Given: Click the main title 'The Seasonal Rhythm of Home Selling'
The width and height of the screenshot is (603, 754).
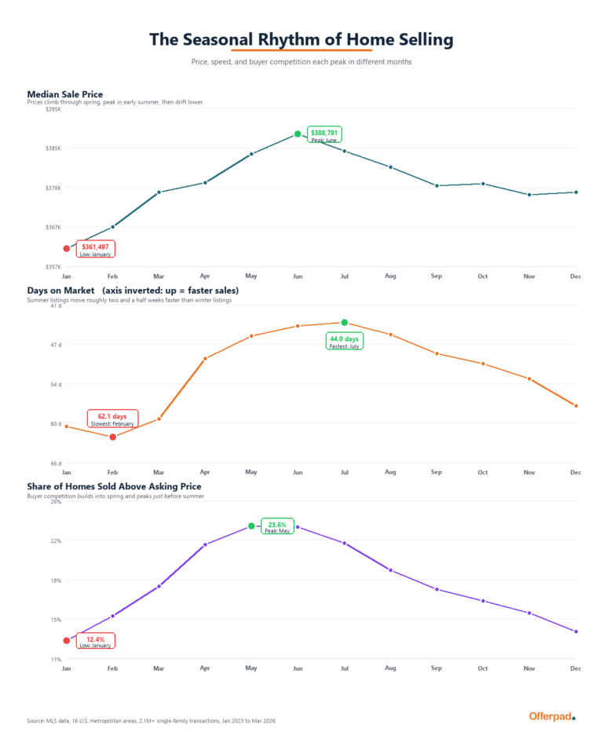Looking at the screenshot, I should coord(301,39).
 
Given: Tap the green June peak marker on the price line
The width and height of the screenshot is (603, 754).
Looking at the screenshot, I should coord(298,134).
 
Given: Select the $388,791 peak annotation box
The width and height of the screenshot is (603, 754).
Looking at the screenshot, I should coord(324,135).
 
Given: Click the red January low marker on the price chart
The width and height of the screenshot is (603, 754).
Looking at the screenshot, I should coord(67,249).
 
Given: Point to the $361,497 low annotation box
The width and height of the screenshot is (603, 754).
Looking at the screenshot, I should coord(95,250).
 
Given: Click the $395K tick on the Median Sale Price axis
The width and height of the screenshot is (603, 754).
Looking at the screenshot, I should coord(54,109).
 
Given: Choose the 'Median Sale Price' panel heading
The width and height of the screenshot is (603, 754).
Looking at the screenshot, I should coord(65,95).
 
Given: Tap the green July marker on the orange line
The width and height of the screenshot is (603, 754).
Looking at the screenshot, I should coord(344,323).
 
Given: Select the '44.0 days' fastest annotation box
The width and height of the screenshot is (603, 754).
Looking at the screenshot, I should coord(345,342).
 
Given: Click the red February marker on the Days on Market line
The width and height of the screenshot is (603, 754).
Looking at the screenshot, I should coord(113,437).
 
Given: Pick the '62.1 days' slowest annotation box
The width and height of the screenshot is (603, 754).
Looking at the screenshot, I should coord(112,419).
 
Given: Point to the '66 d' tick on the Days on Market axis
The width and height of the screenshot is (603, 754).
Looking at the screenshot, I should coord(56,463).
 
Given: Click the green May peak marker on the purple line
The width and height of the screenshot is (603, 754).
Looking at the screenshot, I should coord(251,526).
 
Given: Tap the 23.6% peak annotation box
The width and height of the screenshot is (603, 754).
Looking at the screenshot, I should coord(277,526).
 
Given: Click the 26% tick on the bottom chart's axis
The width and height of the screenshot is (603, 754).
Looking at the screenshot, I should coord(56,501).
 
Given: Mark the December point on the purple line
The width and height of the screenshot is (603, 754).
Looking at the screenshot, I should coord(576,631).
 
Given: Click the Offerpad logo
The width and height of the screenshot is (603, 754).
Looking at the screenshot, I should coord(552,716).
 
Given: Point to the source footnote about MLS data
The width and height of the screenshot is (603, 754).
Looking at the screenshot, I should coord(151,720).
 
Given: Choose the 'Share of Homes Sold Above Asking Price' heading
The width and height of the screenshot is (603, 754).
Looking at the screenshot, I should coord(114,487).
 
